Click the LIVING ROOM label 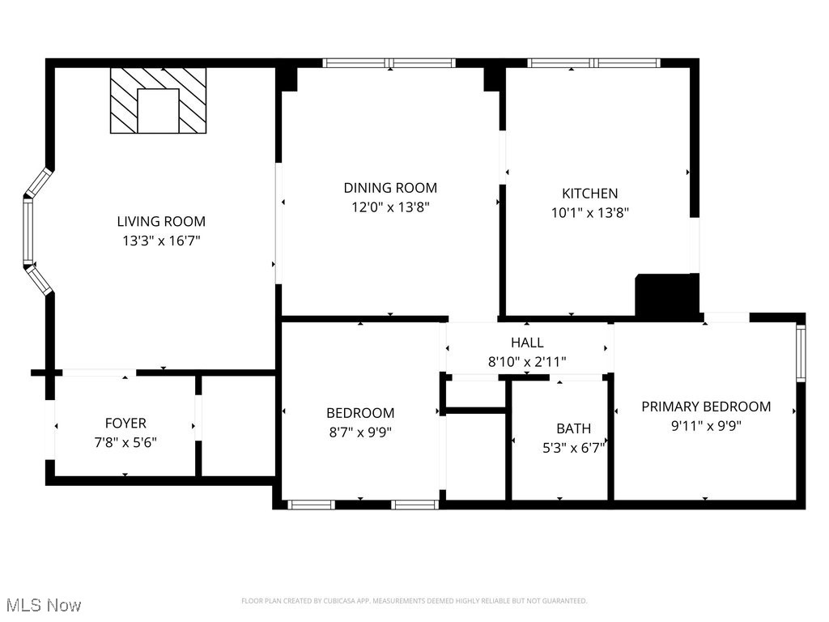161,221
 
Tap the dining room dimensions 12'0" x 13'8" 390,207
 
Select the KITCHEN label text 589,194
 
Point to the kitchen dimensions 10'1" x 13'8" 589,213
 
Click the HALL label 527,343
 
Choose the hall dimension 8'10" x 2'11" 527,362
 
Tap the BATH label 573,428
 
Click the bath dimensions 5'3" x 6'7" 573,446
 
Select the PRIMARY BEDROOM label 706,407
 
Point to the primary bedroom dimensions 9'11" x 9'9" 706,425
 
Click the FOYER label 125,424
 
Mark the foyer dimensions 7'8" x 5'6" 125,442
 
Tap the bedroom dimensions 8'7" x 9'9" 360,432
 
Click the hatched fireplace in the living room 158,100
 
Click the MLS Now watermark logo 44,605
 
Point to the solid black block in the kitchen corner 666,295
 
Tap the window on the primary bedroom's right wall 801,353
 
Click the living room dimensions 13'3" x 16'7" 161,241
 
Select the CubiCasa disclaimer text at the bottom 414,601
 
